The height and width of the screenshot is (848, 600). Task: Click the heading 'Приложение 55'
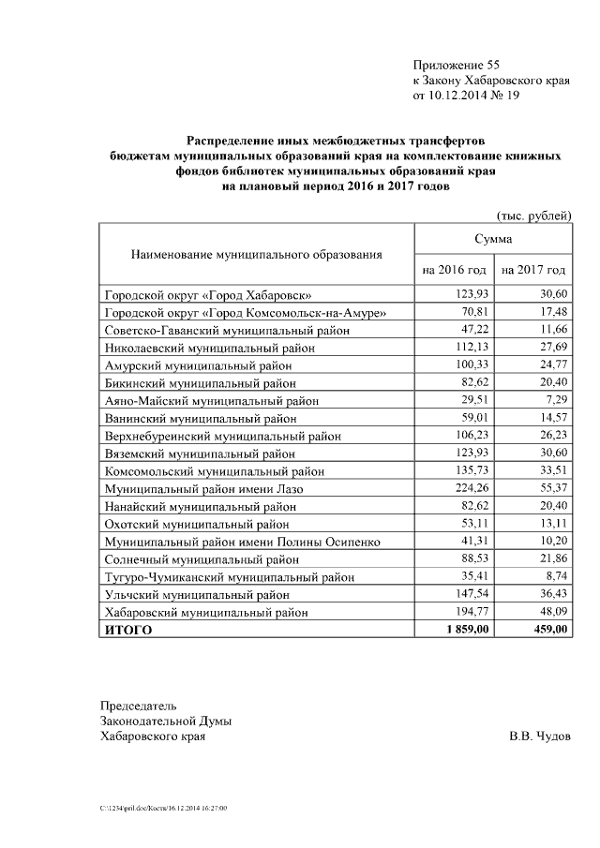click(457, 65)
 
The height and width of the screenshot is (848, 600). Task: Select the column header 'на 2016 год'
click(454, 270)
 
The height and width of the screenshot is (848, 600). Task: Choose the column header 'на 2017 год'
click(533, 270)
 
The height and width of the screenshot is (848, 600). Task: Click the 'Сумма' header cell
click(493, 240)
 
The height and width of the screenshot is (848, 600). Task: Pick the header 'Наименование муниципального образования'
click(257, 254)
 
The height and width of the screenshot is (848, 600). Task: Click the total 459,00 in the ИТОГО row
click(547, 631)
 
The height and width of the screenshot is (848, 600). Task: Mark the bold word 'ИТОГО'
click(128, 631)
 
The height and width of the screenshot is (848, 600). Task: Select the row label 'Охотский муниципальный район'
click(197, 524)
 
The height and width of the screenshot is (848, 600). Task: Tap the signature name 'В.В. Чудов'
click(539, 736)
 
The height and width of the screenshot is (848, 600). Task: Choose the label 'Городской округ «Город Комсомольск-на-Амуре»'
click(246, 312)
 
